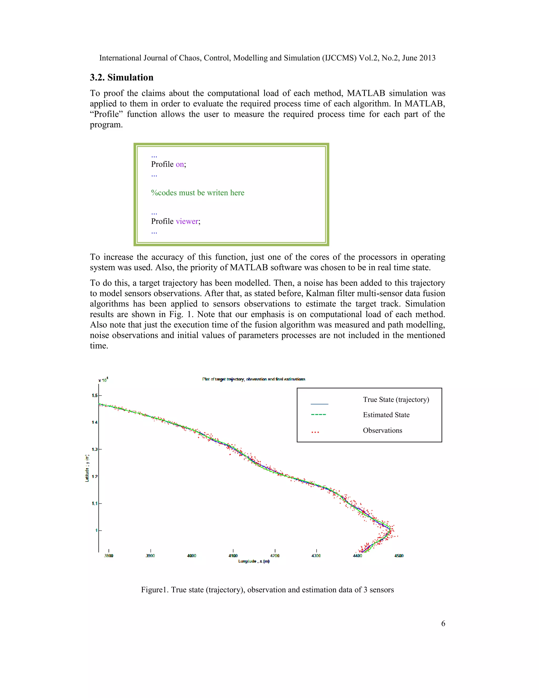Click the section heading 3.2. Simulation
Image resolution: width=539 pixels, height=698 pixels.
pos(121,77)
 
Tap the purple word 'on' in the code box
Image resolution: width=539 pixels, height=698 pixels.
pos(179,164)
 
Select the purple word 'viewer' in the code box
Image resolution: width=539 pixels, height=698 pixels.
pos(187,221)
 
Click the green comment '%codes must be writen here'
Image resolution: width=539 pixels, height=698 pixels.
pos(197,193)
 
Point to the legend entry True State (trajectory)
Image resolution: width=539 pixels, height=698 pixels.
pos(396,400)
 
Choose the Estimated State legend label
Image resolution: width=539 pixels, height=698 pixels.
pos(386,415)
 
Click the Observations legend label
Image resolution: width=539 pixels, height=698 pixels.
pos(382,430)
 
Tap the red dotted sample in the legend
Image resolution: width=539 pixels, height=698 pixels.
pos(315,432)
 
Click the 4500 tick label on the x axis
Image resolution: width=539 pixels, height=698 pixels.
pos(398,556)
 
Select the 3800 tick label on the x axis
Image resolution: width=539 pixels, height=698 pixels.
pos(109,556)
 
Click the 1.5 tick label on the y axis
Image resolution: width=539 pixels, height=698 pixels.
pos(94,395)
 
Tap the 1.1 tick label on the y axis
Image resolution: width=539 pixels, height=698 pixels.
pos(94,503)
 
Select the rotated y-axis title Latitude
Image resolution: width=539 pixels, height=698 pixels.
pos(87,468)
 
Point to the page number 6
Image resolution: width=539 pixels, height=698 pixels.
pos(443,623)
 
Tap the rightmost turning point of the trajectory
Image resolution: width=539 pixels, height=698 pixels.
pos(390,530)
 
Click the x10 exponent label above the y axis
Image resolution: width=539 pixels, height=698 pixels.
pos(103,380)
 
